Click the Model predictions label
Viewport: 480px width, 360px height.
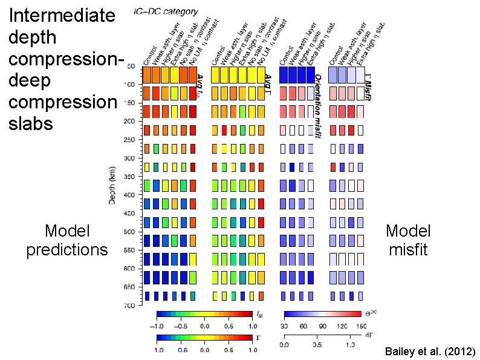67,240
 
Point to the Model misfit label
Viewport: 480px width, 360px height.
408,240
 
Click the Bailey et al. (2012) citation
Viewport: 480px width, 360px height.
430,352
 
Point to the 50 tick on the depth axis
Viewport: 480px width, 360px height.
131,67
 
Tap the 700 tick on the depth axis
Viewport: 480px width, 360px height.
129,306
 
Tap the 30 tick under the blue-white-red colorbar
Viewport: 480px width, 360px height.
285,325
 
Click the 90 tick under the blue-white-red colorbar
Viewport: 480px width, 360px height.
322,325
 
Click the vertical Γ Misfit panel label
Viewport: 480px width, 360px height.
368,85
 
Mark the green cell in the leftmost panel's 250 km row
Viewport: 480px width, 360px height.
156,149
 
